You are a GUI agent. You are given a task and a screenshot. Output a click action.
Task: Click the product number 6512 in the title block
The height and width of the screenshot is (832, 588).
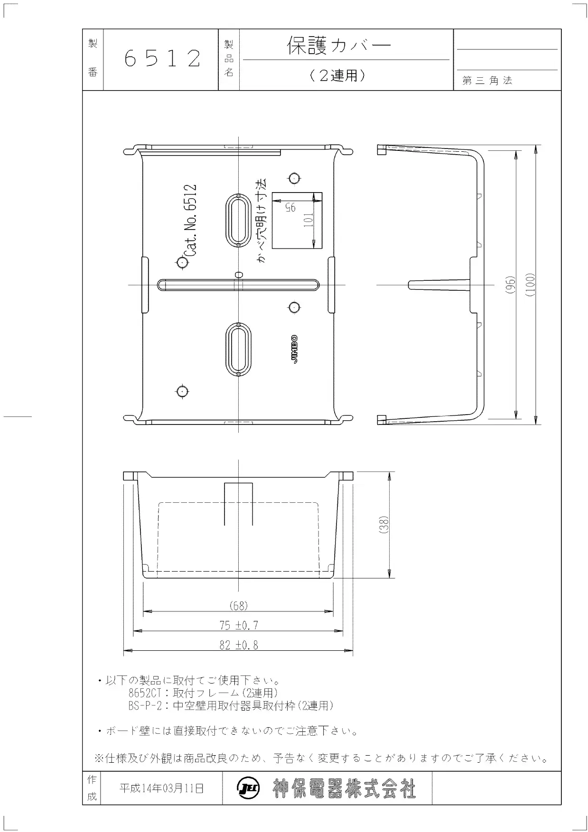(162, 59)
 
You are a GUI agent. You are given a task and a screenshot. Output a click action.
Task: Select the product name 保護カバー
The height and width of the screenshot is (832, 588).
(339, 46)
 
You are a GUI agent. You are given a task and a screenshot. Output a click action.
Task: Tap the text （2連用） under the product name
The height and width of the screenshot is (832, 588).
(338, 75)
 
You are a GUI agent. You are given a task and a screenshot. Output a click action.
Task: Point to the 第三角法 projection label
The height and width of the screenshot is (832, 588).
(487, 81)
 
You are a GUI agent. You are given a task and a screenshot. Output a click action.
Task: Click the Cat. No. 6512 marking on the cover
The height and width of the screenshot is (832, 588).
(189, 221)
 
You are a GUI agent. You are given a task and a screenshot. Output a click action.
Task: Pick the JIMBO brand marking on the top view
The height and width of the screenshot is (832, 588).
(295, 350)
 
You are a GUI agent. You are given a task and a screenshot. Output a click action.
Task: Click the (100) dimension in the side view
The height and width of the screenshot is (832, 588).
(530, 285)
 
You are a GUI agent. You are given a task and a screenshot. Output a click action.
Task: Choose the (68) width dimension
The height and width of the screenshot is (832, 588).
(239, 606)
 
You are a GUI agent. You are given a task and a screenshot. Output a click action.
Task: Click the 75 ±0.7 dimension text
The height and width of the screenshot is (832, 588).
(239, 625)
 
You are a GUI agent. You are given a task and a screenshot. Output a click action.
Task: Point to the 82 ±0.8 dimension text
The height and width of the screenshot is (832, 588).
(239, 645)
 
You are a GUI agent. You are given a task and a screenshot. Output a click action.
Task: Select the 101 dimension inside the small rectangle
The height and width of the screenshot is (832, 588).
(308, 220)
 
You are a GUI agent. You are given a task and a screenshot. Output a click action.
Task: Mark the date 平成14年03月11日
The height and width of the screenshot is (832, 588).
(162, 788)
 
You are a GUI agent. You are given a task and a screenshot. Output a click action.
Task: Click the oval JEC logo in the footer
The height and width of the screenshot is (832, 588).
(247, 788)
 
